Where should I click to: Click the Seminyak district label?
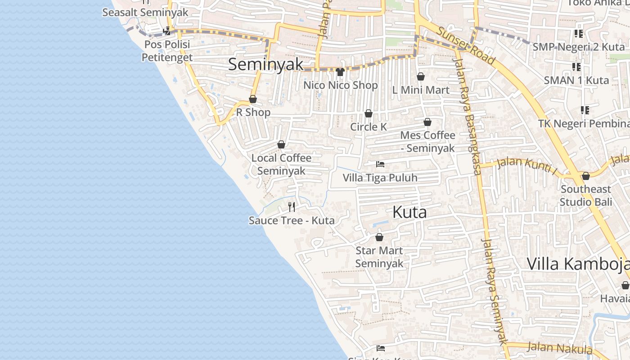click(266, 64)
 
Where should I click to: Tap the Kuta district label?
click(409, 212)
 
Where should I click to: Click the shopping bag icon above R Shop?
click(253, 99)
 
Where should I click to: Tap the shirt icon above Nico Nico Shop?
click(340, 72)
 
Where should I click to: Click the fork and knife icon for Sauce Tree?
click(292, 207)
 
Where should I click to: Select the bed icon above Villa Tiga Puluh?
click(380, 164)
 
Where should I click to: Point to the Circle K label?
click(369, 127)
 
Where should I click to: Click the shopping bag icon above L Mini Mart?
click(421, 77)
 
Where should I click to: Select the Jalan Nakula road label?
click(559, 347)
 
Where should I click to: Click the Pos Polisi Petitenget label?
click(167, 51)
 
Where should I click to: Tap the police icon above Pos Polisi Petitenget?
click(167, 31)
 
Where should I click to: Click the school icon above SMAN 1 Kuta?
click(576, 67)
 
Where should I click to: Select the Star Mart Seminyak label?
click(379, 257)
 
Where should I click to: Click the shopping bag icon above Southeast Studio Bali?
click(585, 176)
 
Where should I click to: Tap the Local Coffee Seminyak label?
click(281, 164)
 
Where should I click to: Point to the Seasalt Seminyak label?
click(145, 12)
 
